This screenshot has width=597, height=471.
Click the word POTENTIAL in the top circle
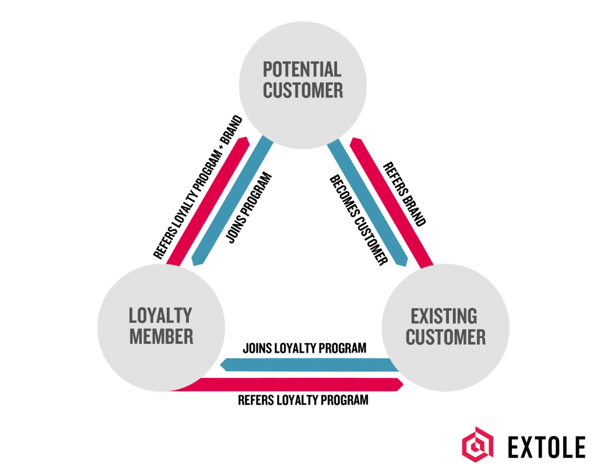point(302,70)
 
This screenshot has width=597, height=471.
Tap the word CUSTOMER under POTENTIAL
point(303,91)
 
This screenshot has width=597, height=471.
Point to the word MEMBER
point(161,336)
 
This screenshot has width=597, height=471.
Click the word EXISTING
point(444,316)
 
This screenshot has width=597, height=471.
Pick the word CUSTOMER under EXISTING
point(445,337)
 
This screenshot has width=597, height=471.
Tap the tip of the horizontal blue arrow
point(222,365)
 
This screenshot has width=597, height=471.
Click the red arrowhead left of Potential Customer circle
point(244,140)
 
